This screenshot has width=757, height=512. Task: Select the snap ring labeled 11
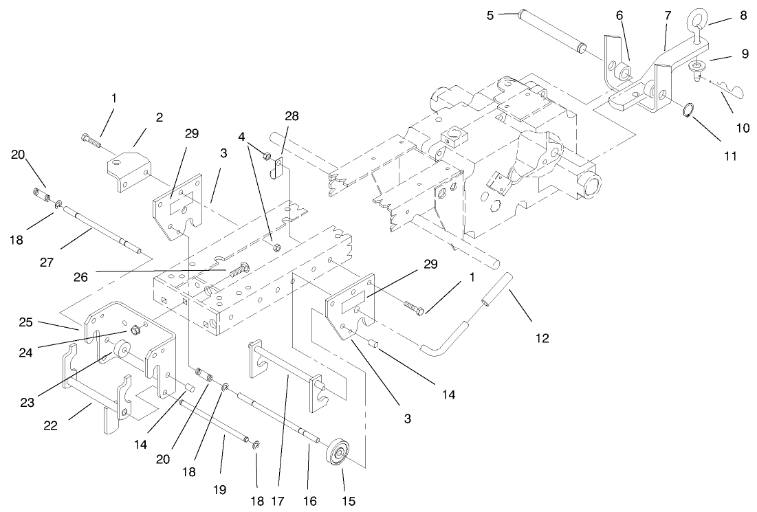686,109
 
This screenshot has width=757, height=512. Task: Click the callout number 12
542,337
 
